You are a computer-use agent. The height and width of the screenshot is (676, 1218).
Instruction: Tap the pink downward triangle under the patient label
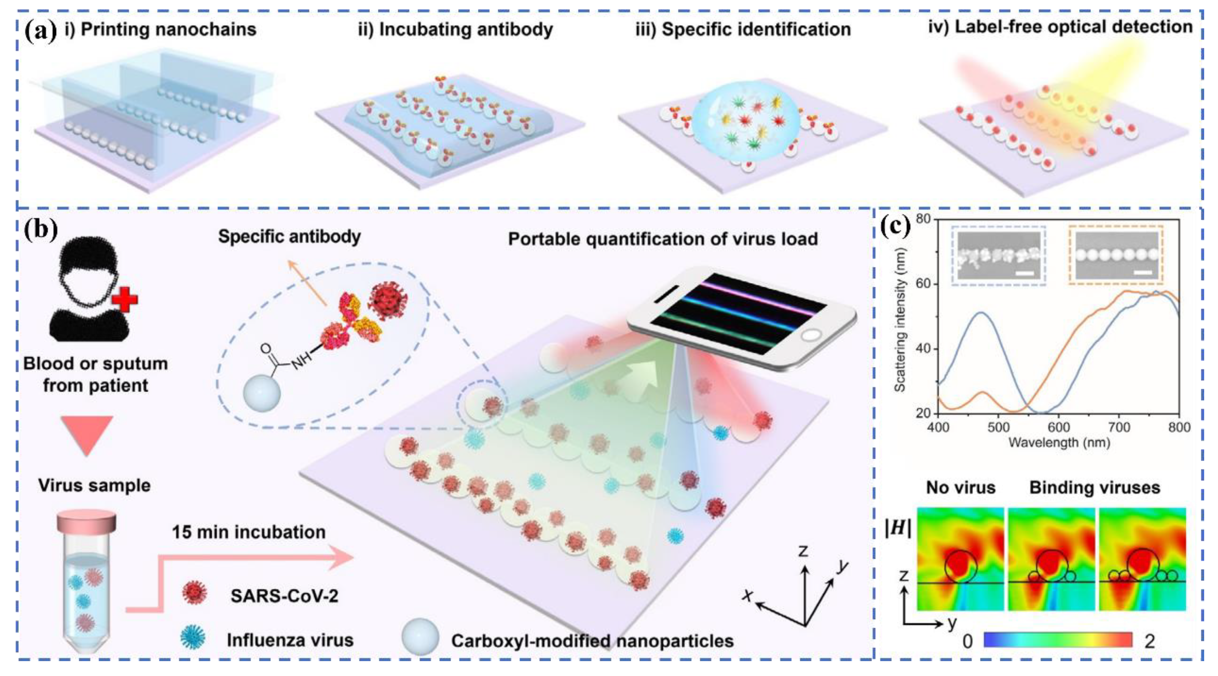87,433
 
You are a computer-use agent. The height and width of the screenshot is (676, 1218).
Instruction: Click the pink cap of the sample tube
87,521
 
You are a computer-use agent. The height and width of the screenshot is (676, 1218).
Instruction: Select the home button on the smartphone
810,335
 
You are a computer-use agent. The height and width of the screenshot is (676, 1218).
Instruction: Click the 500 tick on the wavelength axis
998,427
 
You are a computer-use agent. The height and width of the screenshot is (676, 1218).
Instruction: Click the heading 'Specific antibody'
289,236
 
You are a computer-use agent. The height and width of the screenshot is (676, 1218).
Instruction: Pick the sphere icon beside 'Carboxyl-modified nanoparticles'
420,637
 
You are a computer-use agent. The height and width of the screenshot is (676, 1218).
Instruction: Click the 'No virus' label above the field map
960,488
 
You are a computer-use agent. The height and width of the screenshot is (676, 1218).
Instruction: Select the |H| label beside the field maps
898,529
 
